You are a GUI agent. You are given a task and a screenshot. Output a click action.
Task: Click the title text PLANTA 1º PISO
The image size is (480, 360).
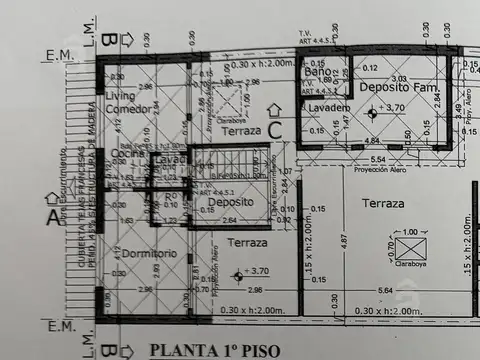click(214, 350)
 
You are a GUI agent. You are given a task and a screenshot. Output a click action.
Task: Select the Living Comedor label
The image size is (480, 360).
click(129, 101)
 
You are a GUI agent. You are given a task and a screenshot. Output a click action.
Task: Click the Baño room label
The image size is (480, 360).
click(317, 73)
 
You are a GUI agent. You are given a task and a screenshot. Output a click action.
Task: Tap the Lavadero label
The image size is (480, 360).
click(327, 106)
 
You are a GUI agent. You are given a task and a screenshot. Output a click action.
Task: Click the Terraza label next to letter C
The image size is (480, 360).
click(242, 131)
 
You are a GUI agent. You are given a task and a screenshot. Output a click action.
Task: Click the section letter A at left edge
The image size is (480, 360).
click(53, 213)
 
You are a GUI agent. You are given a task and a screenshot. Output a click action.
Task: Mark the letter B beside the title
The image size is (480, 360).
click(112, 350)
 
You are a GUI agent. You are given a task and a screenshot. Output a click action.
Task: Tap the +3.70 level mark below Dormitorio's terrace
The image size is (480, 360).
click(254, 271)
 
